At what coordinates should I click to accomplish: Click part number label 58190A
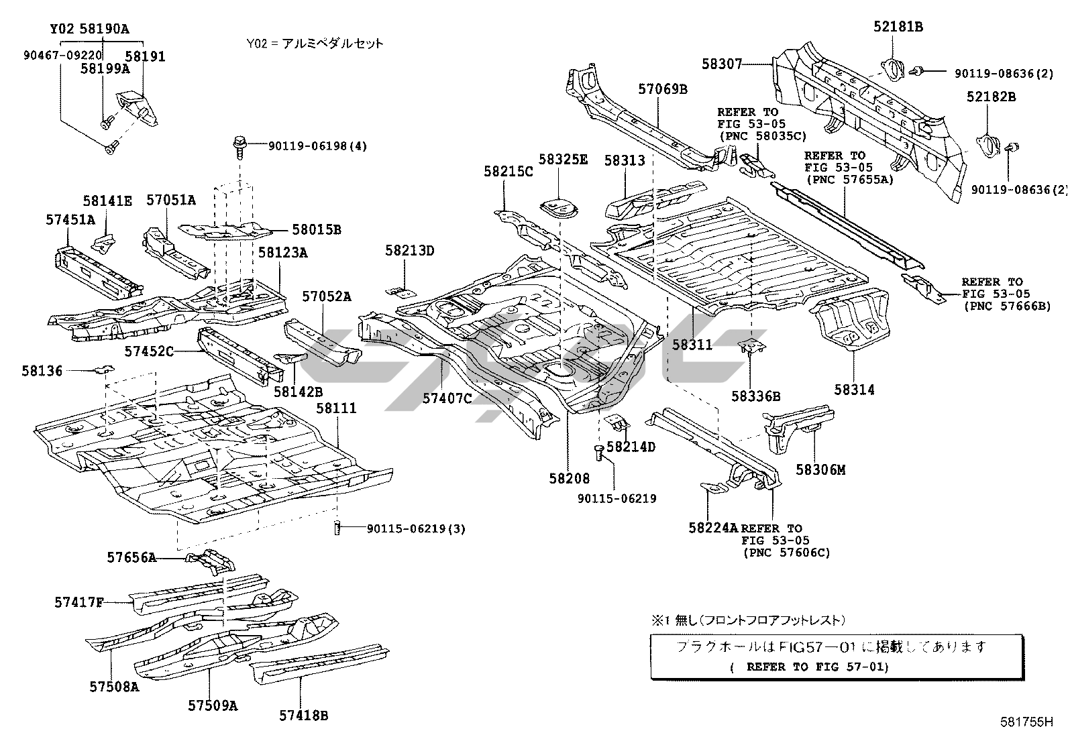pos(105,30)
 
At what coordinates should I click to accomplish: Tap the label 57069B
pos(662,89)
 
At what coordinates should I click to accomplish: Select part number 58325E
pos(563,160)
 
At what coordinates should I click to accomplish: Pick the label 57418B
pos(303,716)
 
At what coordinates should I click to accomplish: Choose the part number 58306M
pos(820,469)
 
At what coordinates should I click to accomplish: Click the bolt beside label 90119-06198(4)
pos(238,145)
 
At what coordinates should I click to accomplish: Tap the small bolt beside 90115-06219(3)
pos(337,528)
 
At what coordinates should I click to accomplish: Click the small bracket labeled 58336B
pos(752,347)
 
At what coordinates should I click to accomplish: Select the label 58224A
pos(712,528)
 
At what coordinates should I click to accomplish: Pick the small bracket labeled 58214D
pos(616,424)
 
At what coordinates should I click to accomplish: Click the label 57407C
pos(447,398)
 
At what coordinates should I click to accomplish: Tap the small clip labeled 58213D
pos(400,292)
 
